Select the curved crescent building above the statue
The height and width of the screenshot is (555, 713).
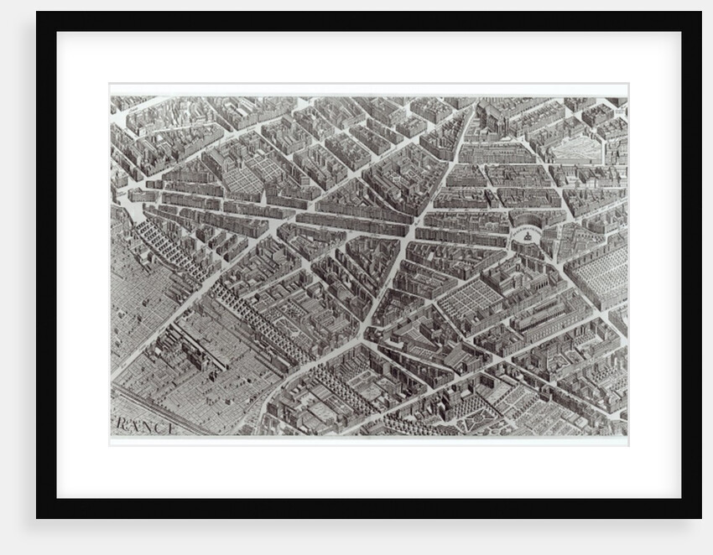[528, 220]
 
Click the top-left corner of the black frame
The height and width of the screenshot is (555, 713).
[38, 13]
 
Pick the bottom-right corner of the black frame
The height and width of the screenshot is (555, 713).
[700, 517]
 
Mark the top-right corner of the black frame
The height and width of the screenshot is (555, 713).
[700, 13]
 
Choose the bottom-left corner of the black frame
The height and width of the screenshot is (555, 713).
[38, 517]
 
